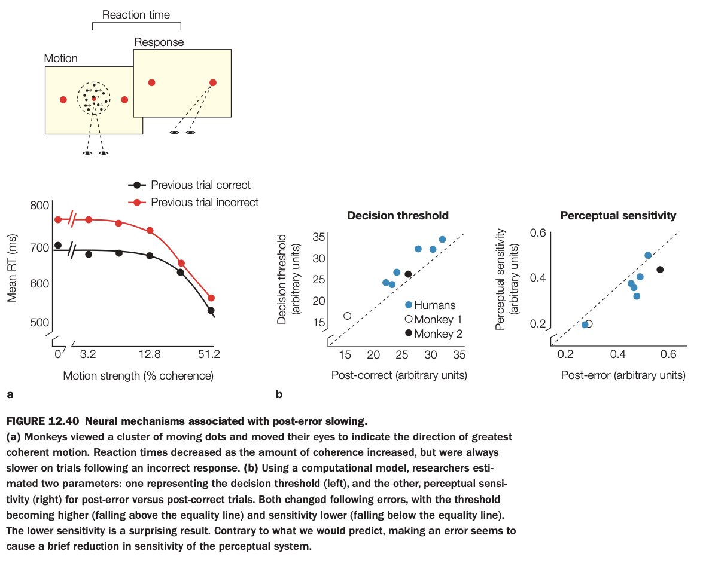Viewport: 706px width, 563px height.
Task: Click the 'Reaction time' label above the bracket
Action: coord(136,14)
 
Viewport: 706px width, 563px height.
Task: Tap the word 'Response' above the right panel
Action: coord(159,42)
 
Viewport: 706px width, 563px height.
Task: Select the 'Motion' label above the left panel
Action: coord(61,59)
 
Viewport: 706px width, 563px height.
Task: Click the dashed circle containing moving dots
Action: coord(94,99)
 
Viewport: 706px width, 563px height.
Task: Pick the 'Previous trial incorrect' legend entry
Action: coord(205,203)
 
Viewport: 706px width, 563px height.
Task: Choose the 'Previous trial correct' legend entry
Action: coord(200,185)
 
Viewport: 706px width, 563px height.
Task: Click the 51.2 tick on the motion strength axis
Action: coord(209,354)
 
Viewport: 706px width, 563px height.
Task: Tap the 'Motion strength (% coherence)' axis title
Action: coord(138,376)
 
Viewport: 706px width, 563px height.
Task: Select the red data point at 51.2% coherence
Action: coord(211,298)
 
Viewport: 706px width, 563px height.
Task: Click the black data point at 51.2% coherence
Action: coord(211,310)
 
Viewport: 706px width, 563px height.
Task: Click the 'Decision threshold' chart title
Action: coord(398,215)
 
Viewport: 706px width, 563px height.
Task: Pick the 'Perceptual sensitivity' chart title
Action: coord(619,215)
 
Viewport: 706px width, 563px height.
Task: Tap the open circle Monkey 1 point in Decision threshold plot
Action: coord(347,316)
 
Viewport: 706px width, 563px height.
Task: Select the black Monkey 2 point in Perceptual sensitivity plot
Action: coord(660,270)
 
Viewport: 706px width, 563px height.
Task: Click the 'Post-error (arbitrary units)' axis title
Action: coord(623,375)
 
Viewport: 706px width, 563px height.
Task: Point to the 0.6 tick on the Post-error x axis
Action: coord(668,354)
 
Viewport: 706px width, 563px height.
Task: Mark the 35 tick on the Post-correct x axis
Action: coord(459,354)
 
